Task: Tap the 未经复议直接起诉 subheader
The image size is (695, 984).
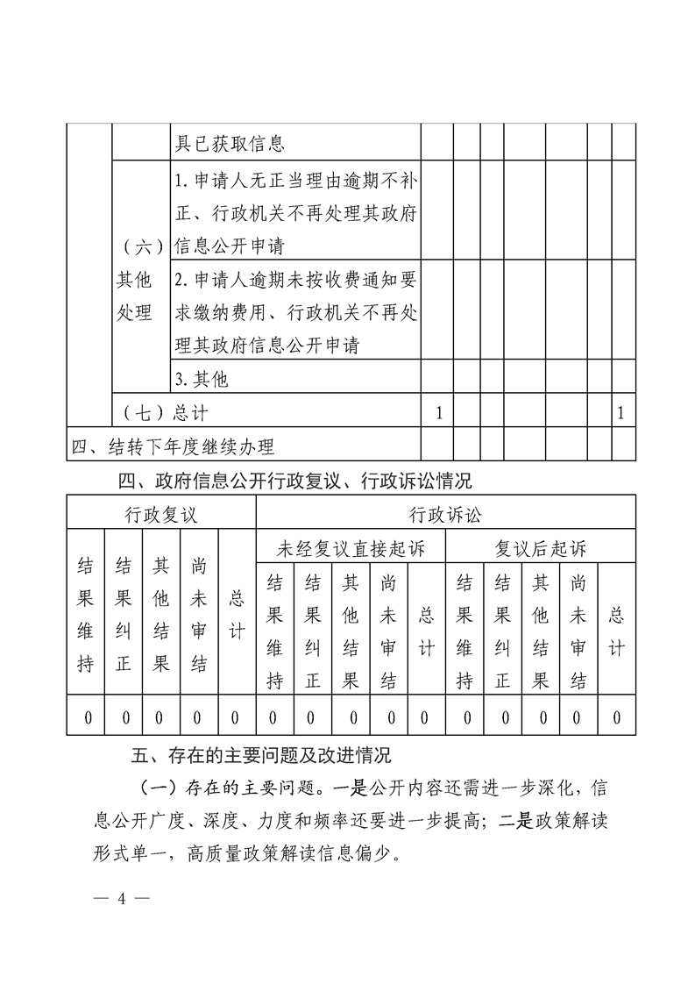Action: click(x=351, y=550)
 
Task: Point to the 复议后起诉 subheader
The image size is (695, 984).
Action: click(x=541, y=550)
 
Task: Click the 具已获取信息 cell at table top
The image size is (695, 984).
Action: click(x=230, y=143)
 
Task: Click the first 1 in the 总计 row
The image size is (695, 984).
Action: click(x=438, y=411)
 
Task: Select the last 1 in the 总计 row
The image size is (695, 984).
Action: click(x=621, y=411)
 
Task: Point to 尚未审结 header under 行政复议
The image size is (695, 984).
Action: click(x=199, y=613)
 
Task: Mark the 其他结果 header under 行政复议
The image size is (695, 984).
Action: click(x=161, y=613)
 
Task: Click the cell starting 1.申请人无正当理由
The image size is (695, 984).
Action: click(x=295, y=213)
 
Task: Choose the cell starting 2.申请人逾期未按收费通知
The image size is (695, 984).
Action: click(x=295, y=312)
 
